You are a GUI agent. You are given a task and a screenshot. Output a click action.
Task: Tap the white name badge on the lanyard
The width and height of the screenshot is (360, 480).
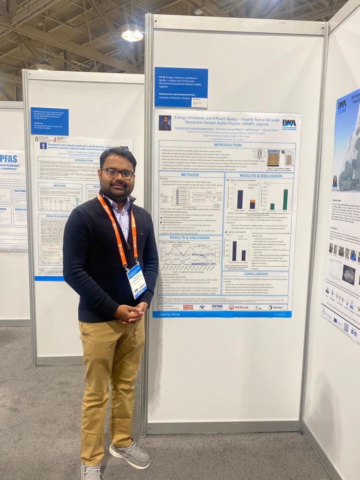click(137, 281)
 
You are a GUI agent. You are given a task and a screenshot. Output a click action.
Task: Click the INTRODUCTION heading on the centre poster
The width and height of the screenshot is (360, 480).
click(227, 145)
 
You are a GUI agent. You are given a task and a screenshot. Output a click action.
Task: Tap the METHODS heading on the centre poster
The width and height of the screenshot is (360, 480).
click(190, 175)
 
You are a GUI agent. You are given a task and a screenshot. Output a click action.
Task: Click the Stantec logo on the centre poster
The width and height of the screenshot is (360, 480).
click(277, 307)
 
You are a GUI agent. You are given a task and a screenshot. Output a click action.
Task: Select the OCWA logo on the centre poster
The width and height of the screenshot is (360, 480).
click(217, 307)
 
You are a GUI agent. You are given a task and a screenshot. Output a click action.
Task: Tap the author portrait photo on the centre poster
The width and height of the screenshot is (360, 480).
click(165, 123)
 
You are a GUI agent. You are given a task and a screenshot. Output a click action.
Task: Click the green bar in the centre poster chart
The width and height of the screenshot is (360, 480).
click(285, 199)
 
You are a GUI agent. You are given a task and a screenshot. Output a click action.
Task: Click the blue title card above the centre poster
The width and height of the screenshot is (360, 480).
click(181, 87)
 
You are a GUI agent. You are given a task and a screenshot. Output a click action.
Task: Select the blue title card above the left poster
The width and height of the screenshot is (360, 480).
click(50, 121)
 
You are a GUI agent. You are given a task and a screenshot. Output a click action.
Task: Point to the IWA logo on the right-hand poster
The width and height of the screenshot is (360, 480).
click(342, 105)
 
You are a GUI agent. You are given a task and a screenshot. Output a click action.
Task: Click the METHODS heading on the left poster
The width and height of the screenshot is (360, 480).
click(60, 185)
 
